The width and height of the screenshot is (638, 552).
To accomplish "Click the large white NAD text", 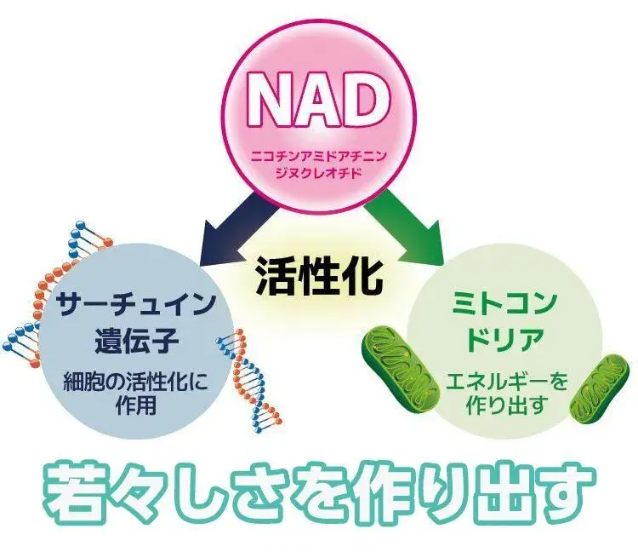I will pos(318,101).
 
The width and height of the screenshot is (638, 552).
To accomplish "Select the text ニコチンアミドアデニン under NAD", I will pos(318,158).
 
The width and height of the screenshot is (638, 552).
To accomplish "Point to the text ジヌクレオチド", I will pos(318,174).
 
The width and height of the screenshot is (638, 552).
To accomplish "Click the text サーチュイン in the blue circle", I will pos(134,304).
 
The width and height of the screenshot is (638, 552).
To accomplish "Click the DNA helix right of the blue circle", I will pos(247,375).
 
